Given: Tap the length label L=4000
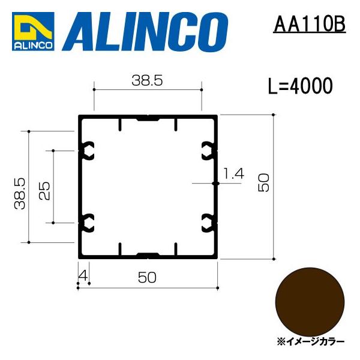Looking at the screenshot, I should click(300, 86).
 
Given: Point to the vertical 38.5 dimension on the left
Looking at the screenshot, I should click(20, 191).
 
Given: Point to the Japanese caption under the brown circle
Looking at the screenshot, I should click(310, 340).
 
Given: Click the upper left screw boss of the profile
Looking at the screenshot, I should click(88, 150).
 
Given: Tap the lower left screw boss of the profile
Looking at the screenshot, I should click(88, 222).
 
